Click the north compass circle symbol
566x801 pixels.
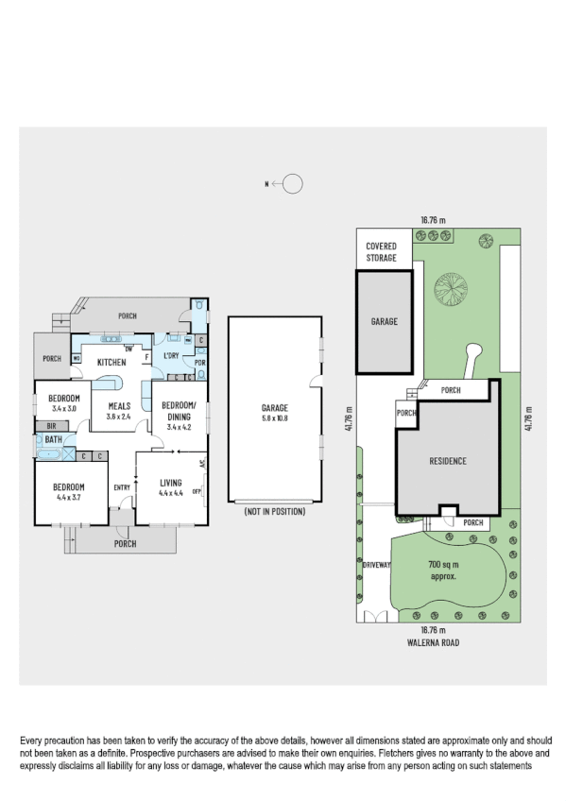point(293,184)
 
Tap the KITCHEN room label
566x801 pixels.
point(112,362)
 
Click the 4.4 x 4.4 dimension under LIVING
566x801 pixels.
point(170,492)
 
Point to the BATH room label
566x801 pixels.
point(53,440)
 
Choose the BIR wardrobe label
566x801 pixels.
point(51,426)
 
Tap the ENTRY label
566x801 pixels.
point(122,487)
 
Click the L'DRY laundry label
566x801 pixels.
point(172,355)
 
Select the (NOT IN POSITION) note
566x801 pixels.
point(274,511)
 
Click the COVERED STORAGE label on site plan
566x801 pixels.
point(382,251)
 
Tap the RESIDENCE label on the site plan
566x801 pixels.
point(448,461)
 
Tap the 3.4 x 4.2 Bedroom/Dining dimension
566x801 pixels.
point(180,427)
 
